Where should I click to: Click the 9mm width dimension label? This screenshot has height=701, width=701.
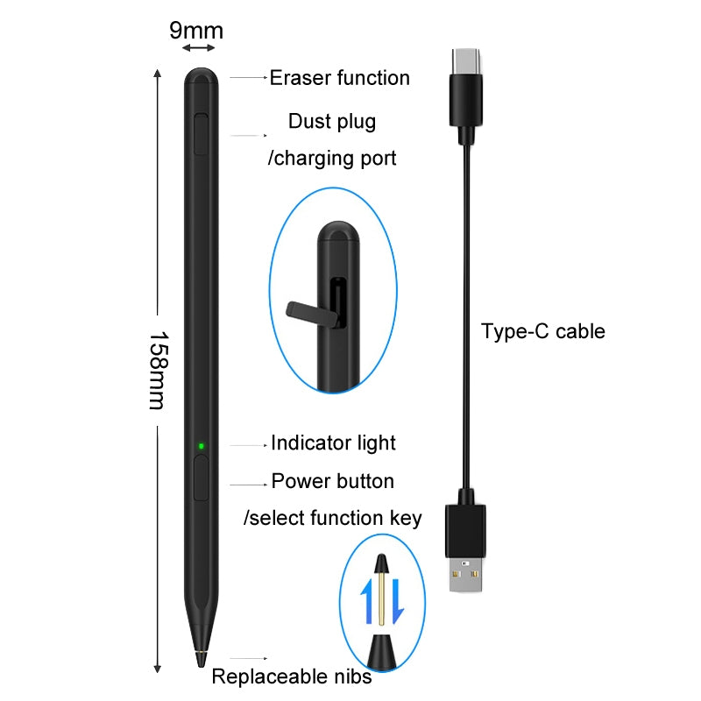(x=196, y=31)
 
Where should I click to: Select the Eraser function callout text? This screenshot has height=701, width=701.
(x=339, y=78)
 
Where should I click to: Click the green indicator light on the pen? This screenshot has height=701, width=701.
(x=201, y=446)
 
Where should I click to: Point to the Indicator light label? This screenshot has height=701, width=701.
(x=333, y=443)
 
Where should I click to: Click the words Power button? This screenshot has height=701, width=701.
(x=332, y=481)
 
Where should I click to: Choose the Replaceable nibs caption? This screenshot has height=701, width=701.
(x=292, y=676)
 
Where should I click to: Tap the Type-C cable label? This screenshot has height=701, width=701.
(x=542, y=331)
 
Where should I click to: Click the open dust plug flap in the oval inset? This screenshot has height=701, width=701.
(x=308, y=309)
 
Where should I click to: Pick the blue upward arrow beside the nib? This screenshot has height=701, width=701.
(x=368, y=600)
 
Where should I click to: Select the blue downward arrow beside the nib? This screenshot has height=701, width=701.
(x=396, y=601)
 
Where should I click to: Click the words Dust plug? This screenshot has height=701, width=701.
(x=332, y=121)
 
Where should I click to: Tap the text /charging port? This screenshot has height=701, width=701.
(x=331, y=159)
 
